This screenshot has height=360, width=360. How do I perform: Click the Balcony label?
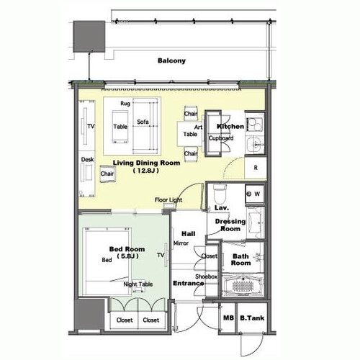171,60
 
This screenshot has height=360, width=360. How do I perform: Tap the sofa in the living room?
145,126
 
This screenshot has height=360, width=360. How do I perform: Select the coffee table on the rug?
120,127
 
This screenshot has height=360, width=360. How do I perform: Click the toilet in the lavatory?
220,194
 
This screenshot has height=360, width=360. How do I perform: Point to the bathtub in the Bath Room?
243,286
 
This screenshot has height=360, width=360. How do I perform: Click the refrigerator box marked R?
256,168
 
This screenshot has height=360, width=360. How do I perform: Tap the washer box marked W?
255,194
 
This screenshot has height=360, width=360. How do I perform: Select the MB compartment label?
228,318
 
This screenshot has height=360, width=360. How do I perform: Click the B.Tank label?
252,318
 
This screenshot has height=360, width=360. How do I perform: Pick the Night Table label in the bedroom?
138,284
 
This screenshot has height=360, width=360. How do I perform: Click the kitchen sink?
256,145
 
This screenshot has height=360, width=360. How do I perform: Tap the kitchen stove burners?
255,124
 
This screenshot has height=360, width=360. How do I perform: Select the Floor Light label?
168,200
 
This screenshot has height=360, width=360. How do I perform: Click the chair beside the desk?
107,174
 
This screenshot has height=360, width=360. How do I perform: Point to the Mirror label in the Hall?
181,243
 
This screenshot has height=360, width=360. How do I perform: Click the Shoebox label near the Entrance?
206,276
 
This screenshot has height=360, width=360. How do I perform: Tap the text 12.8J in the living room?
145,171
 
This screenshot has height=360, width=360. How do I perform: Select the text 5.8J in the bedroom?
127,256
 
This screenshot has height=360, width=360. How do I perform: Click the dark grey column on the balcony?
89,37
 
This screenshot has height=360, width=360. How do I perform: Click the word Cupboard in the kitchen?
221,138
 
